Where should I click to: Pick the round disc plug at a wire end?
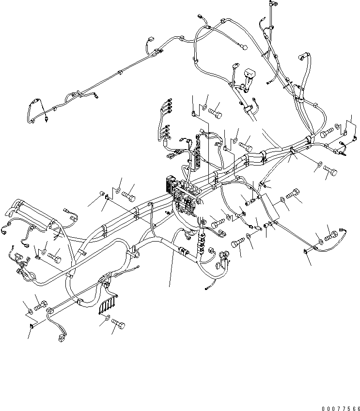click(x=245, y=48)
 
